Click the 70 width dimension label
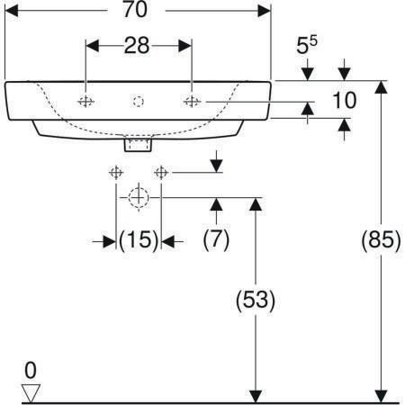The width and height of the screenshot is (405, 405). (x=135, y=10)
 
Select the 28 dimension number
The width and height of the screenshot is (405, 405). (x=137, y=46)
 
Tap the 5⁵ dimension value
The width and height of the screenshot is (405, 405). (x=307, y=44)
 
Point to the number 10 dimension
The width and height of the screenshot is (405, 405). (x=345, y=100)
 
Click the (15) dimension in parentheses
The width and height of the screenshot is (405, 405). (x=139, y=240)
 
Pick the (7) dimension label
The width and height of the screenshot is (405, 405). (x=216, y=240)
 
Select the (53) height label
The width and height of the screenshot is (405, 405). (x=256, y=300)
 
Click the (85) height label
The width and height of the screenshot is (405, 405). (x=381, y=240)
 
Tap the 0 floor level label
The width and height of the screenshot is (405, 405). (x=31, y=370)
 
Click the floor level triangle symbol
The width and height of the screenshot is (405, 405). (x=31, y=393)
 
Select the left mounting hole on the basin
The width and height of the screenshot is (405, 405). (x=85, y=102)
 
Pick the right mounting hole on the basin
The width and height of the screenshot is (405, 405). (x=192, y=102)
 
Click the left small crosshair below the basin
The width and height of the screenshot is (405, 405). (x=116, y=173)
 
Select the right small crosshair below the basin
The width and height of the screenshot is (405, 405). (x=161, y=173)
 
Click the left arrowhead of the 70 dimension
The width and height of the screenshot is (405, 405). (x=12, y=11)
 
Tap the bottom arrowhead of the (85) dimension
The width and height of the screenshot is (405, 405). (x=381, y=396)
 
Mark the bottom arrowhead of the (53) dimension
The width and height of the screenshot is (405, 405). (x=256, y=396)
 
